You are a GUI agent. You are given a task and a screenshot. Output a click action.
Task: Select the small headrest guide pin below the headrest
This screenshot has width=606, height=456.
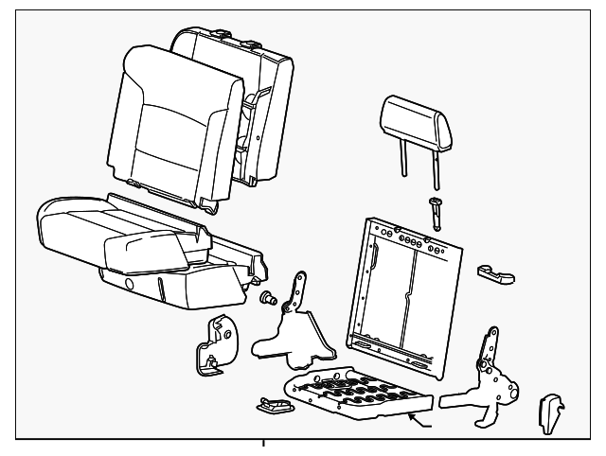(x=437, y=212)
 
